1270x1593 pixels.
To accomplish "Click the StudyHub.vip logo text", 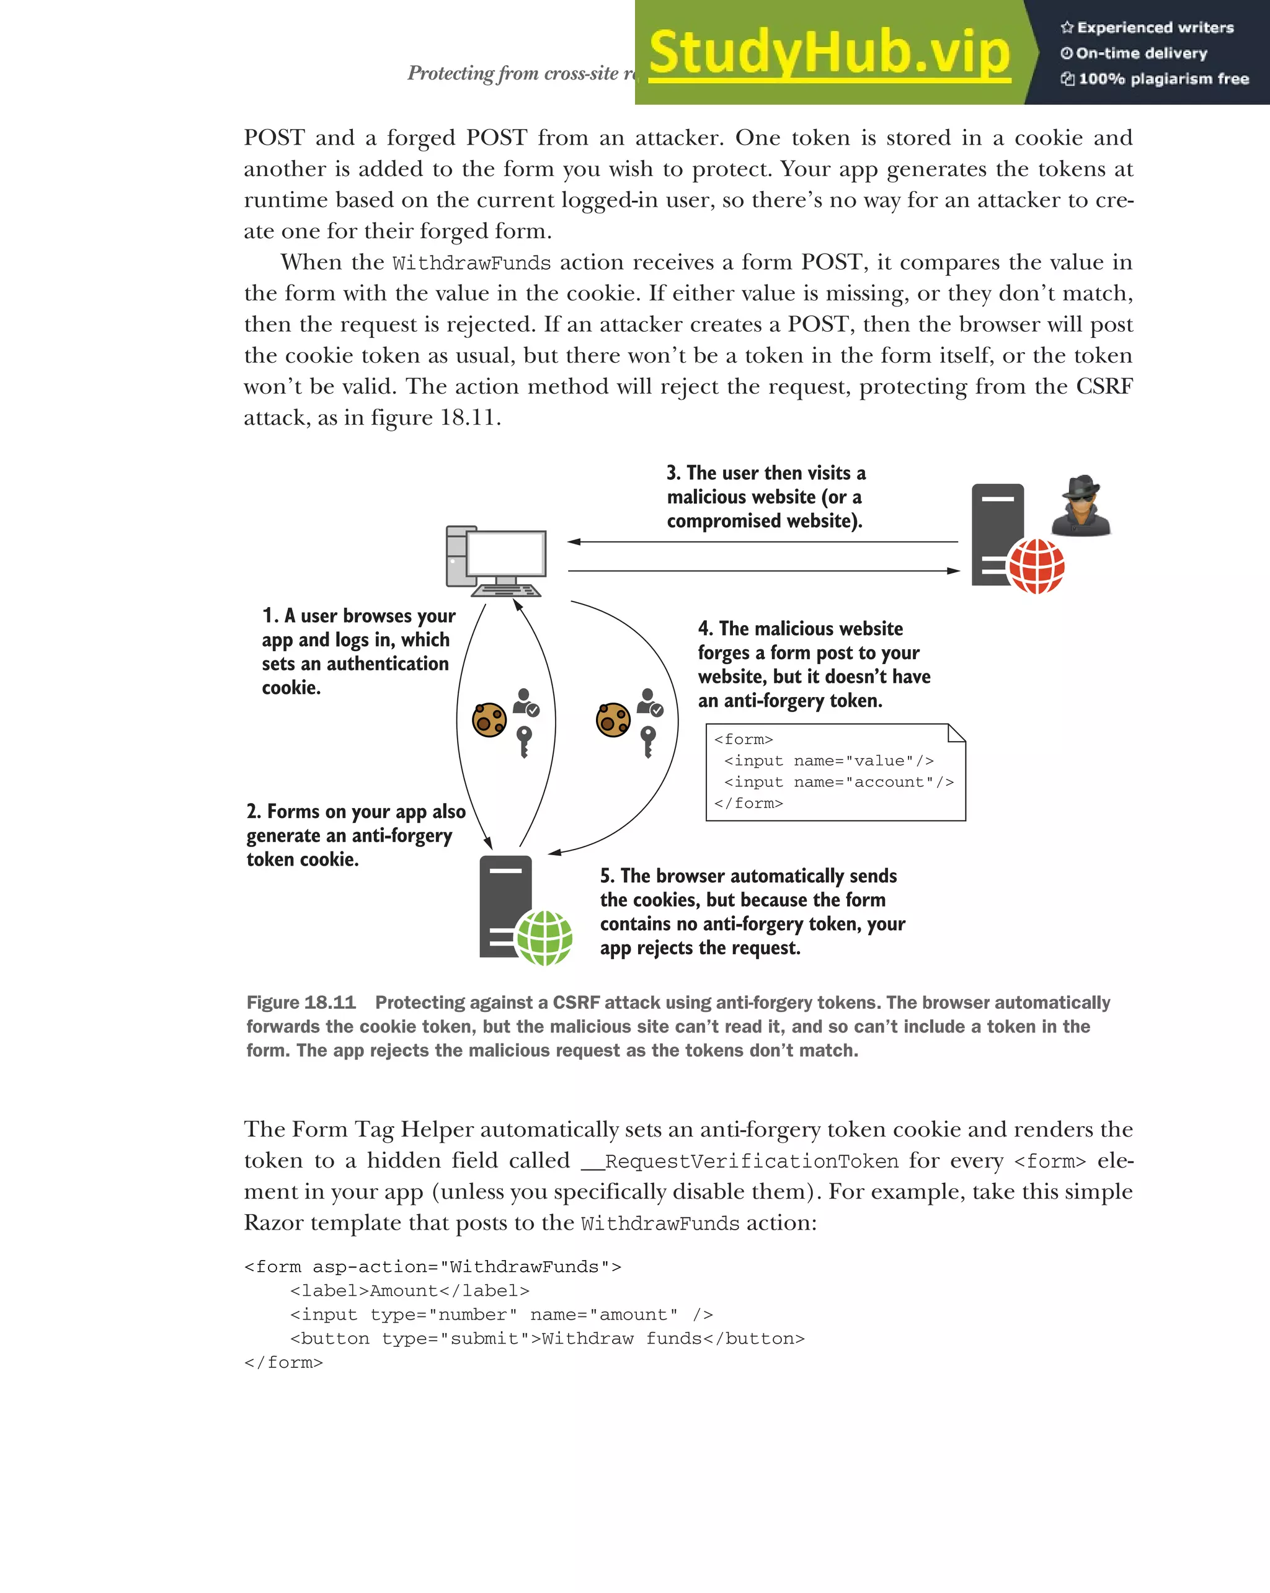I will tap(829, 53).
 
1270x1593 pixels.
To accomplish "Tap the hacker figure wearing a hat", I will tap(1081, 506).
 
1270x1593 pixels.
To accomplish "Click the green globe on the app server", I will tap(544, 938).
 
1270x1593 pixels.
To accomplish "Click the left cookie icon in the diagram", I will tap(489, 721).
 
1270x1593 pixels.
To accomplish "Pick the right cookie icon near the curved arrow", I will tap(613, 721).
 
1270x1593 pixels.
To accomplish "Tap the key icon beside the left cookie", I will tap(524, 741).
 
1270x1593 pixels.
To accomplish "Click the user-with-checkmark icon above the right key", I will tap(650, 702).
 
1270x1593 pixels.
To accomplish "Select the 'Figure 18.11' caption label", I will tap(301, 1003).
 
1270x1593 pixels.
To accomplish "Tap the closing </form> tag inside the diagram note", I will tap(748, 803).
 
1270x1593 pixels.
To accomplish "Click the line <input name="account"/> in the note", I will tap(838, 782).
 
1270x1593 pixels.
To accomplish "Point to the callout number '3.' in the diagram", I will tap(673, 473).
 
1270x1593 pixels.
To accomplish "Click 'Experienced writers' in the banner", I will tap(1155, 28).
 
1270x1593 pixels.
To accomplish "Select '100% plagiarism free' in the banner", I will tap(1163, 79).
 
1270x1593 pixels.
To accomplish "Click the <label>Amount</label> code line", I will tap(410, 1291).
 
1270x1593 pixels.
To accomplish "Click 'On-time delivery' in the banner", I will tap(1141, 53).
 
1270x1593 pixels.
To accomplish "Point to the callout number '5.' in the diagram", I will tap(606, 876).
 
